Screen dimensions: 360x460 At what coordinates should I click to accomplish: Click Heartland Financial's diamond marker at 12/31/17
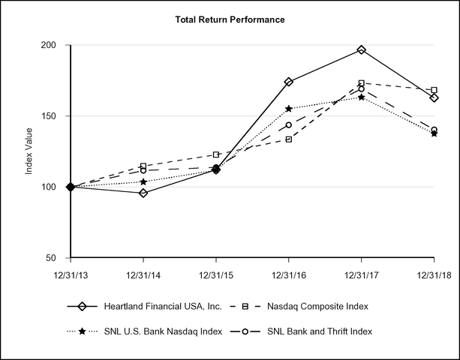pyautogui.click(x=362, y=49)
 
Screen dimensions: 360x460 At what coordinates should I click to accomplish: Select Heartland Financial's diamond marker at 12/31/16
pyautogui.click(x=289, y=82)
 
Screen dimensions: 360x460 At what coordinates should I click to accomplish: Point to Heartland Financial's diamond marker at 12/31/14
pyautogui.click(x=143, y=193)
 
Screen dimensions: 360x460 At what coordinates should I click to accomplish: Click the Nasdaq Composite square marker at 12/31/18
pyautogui.click(x=434, y=90)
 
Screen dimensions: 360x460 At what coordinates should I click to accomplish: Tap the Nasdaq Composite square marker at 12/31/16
pyautogui.click(x=289, y=139)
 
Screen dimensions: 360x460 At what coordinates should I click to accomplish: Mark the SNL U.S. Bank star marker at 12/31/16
pyautogui.click(x=289, y=109)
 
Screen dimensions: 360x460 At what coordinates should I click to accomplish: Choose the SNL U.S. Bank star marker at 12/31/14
pyautogui.click(x=143, y=181)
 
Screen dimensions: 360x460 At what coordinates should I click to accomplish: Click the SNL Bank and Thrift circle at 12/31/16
pyautogui.click(x=289, y=124)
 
